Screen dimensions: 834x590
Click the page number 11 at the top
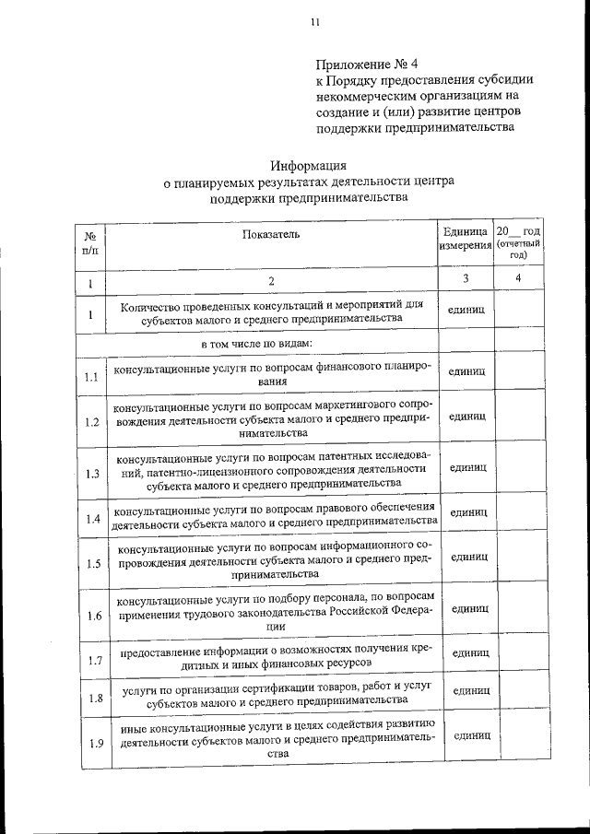315,22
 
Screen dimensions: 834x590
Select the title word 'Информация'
308,167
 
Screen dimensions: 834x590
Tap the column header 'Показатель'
271,234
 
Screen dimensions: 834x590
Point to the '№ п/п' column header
89,242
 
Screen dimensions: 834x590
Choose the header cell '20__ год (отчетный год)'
518,242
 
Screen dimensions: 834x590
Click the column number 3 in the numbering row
466,278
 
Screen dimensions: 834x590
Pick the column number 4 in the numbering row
518,278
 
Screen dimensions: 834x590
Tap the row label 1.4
89,519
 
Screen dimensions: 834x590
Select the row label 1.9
89,743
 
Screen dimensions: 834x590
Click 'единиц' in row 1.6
468,609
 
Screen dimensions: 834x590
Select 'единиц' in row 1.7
468,652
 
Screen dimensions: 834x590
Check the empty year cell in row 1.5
518,558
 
